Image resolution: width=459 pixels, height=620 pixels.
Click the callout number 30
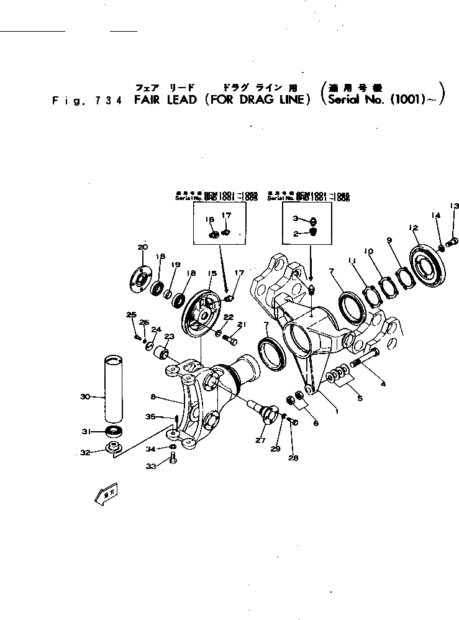[85, 396]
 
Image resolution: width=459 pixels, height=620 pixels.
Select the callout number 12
[413, 228]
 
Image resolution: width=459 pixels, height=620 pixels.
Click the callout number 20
[142, 247]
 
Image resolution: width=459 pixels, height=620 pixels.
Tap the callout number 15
[212, 274]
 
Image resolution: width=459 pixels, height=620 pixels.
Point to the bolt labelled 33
[173, 459]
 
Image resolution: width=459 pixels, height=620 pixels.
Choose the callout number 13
[454, 206]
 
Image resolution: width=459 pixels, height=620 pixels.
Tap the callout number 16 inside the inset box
[209, 220]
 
